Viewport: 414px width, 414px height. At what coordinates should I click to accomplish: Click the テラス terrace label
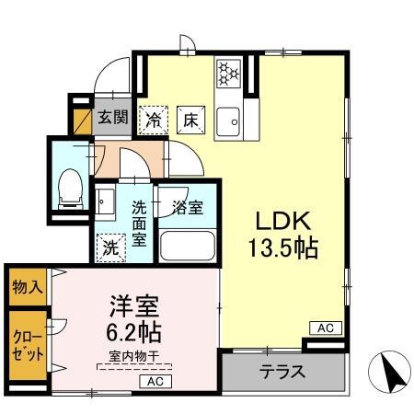click(x=282, y=374)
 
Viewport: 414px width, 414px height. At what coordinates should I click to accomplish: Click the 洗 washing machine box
click(x=109, y=247)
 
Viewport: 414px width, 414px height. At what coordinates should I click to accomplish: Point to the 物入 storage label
click(x=27, y=286)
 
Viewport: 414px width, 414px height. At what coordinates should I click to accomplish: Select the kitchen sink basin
click(x=227, y=119)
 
